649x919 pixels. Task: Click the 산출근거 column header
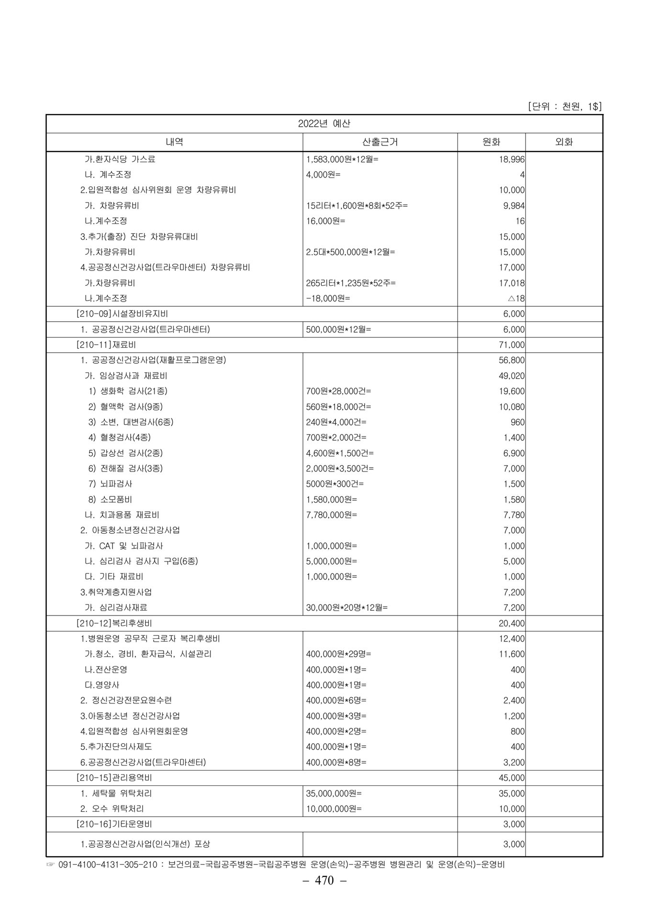coord(380,142)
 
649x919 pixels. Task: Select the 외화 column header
coord(564,142)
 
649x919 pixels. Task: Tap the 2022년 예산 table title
coord(324,123)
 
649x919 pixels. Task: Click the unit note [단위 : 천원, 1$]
coord(564,106)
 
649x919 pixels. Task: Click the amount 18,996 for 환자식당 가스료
coord(512,159)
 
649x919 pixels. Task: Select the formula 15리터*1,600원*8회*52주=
coord(357,206)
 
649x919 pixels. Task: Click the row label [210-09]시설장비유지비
coord(122,314)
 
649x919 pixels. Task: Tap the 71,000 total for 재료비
coord(512,345)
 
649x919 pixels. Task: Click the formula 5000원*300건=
coord(335,484)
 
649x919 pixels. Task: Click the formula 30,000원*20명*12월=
coord(347,608)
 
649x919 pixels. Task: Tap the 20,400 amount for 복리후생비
coord(512,624)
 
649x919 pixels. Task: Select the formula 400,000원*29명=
coord(338,654)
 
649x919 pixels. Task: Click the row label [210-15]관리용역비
coord(114,778)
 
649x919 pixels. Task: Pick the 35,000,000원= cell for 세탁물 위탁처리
coord(334,794)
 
